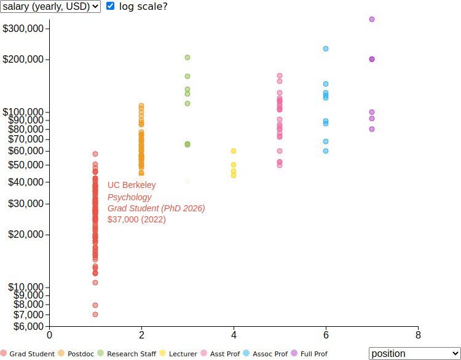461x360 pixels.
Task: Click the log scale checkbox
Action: point(111,6)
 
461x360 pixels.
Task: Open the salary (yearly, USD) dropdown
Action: point(50,6)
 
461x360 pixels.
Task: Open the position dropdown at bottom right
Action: point(414,353)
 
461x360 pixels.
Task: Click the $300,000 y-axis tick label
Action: point(25,28)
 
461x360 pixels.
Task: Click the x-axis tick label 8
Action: point(418,335)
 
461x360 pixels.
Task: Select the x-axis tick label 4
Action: point(234,335)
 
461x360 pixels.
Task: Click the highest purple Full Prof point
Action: point(372,19)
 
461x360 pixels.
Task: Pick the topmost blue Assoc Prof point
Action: point(326,49)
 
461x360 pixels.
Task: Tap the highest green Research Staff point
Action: point(187,57)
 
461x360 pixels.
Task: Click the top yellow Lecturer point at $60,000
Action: point(234,151)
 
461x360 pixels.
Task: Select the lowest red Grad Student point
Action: point(95,314)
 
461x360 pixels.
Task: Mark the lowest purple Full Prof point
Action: point(372,129)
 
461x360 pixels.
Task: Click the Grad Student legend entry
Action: point(28,354)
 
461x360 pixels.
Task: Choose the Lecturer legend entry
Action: point(178,354)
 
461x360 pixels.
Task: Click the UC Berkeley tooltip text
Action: point(132,185)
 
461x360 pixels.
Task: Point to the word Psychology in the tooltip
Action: point(129,197)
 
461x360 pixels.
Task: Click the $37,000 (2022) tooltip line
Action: point(136,219)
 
